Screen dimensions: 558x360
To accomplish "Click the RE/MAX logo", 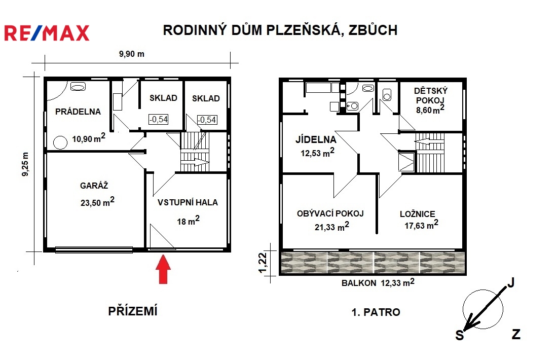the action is coord(47,33).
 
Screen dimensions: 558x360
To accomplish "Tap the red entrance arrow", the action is coord(163,269).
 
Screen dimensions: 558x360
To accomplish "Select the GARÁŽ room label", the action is coord(94,185).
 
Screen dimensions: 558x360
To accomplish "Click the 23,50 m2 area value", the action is coord(97,201).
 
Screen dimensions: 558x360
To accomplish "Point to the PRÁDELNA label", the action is coord(78,112).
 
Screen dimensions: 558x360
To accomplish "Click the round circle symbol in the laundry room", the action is coord(60,142).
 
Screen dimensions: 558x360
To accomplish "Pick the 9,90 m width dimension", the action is coord(132,54).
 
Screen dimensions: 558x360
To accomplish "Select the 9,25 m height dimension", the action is coord(26,164).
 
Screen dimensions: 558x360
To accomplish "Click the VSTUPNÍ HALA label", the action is coord(188,202).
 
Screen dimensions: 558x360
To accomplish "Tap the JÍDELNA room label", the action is coord(316,139).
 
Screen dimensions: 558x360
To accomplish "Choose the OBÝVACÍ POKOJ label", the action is coord(330,213).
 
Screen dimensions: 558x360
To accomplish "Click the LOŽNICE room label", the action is coord(418,213).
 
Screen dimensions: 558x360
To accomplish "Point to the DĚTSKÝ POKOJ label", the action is coord(431,95).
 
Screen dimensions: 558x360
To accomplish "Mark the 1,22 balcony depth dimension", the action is coord(262,263).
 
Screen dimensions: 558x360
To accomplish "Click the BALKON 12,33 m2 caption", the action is coord(378,283).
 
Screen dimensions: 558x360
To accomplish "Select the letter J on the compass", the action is coord(511,282).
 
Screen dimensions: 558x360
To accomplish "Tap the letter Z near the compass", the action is coord(516,334).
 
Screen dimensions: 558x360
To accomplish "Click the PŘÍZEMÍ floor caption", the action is coord(133,311).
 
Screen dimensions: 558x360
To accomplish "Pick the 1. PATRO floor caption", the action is coord(376,312).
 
